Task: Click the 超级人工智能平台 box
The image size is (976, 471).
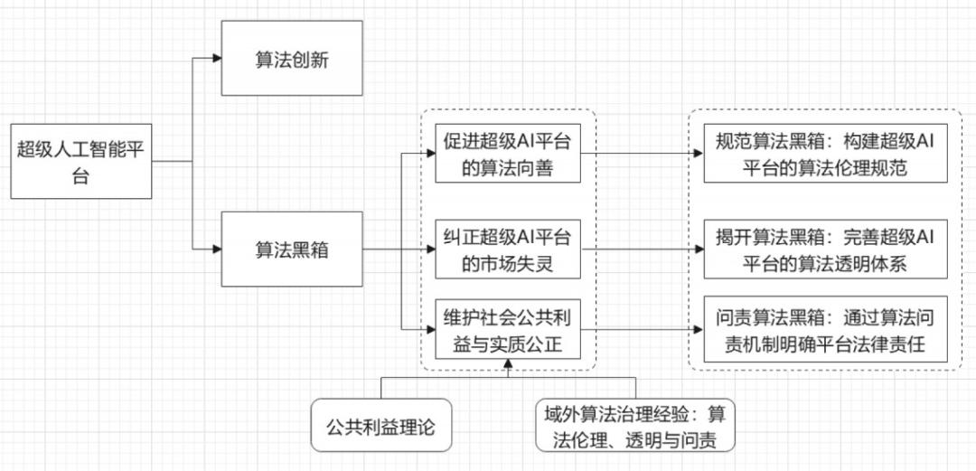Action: point(80,161)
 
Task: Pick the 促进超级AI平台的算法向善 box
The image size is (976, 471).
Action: point(507,152)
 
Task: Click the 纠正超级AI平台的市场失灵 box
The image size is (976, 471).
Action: point(507,249)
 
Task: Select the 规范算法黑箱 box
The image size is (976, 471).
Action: point(826,152)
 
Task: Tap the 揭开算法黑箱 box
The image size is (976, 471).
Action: point(826,249)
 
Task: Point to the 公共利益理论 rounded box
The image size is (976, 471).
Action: point(380,424)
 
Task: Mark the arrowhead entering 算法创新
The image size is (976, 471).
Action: point(216,59)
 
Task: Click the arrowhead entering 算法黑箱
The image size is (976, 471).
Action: point(216,248)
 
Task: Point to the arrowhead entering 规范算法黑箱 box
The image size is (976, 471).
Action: point(698,153)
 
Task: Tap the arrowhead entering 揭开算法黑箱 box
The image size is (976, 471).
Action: point(698,250)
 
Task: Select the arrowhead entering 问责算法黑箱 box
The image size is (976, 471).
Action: point(698,329)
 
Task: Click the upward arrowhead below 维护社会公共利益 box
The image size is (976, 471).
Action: point(508,365)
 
